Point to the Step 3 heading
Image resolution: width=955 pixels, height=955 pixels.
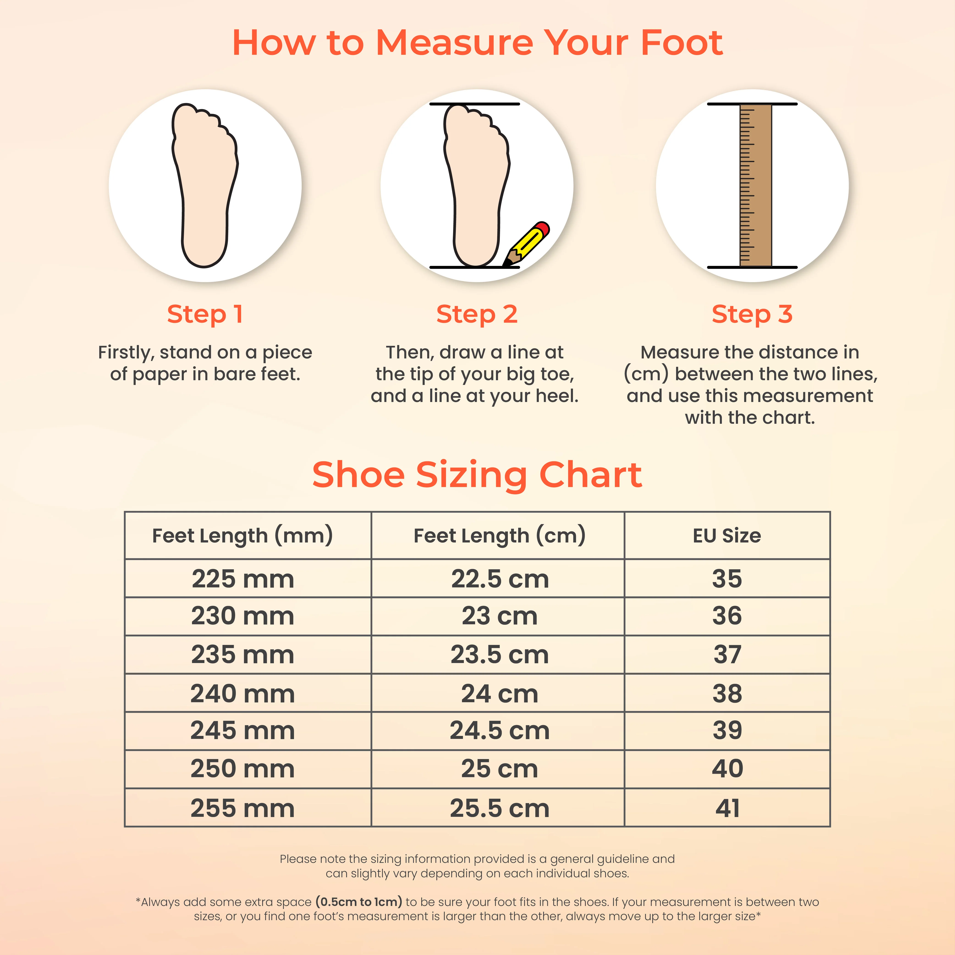click(752, 314)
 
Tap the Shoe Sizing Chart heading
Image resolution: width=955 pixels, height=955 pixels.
click(477, 475)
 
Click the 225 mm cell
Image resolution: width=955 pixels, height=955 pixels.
click(243, 579)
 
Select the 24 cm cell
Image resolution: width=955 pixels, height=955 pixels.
click(500, 694)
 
